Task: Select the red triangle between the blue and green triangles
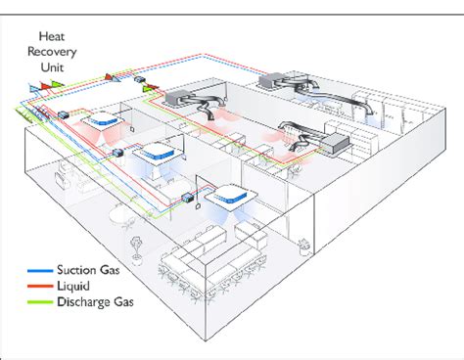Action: click(x=45, y=85)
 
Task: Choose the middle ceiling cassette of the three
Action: click(x=154, y=154)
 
